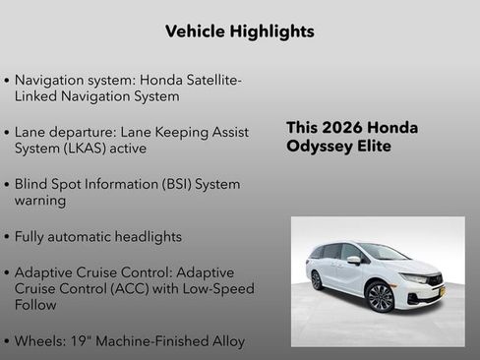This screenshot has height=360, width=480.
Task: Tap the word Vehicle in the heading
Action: (194, 31)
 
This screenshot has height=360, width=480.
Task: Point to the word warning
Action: (40, 201)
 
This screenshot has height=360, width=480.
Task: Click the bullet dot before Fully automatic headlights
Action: (7, 237)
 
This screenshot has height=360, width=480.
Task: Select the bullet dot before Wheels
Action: (7, 342)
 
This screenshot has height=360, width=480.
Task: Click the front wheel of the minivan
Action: (381, 296)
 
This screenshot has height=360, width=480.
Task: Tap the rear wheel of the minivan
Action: (317, 280)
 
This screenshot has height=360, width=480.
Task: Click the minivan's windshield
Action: (383, 253)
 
